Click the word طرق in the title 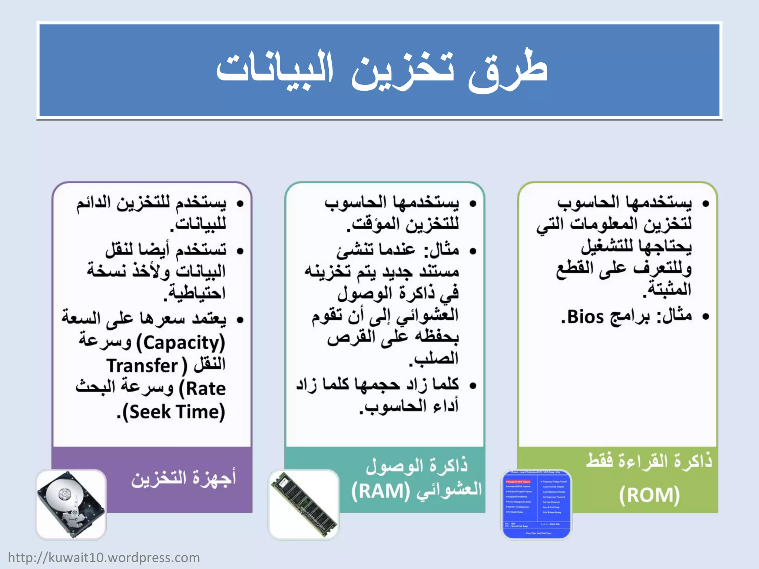point(508,70)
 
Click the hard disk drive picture point(71,504)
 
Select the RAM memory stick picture point(304,504)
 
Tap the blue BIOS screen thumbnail point(537,504)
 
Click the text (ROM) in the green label point(649,495)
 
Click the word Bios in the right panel point(586,317)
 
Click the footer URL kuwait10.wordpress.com point(104,558)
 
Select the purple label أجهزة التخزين point(183,478)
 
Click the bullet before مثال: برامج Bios point(705,316)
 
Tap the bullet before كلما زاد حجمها point(473,386)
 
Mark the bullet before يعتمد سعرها point(240,320)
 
